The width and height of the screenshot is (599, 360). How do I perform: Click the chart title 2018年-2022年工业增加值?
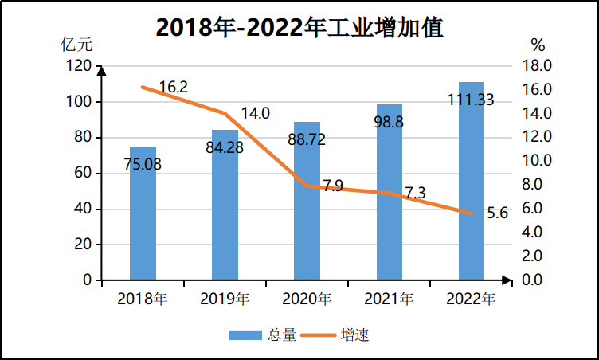point(299,27)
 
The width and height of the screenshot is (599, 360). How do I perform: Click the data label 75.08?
point(143,166)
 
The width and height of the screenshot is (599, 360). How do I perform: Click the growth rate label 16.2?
point(173,87)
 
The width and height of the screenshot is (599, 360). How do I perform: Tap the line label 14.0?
point(255,113)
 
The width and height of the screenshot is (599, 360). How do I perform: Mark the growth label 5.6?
point(497,213)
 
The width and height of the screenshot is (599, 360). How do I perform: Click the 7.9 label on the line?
point(333,186)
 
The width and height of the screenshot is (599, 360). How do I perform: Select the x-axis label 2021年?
point(389,299)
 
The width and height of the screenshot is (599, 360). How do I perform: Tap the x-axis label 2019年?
point(225,299)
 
